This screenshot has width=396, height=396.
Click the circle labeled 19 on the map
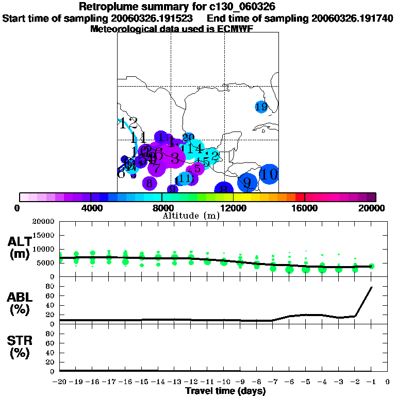(x=261, y=107)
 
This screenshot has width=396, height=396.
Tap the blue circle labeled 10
(x=269, y=174)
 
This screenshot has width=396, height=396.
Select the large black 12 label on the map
(x=128, y=124)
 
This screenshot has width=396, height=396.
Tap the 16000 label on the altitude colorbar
(x=304, y=208)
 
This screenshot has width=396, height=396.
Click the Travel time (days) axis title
(x=225, y=391)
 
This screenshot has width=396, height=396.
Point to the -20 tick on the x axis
(x=59, y=382)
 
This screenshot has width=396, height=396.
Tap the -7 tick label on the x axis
(x=272, y=382)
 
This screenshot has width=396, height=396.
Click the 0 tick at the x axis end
(x=388, y=382)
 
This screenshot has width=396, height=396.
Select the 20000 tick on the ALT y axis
(x=44, y=222)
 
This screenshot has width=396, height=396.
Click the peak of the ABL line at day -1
(x=371, y=287)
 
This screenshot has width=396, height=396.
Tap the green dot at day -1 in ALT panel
(x=371, y=266)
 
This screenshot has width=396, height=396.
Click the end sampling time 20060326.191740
(x=352, y=18)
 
